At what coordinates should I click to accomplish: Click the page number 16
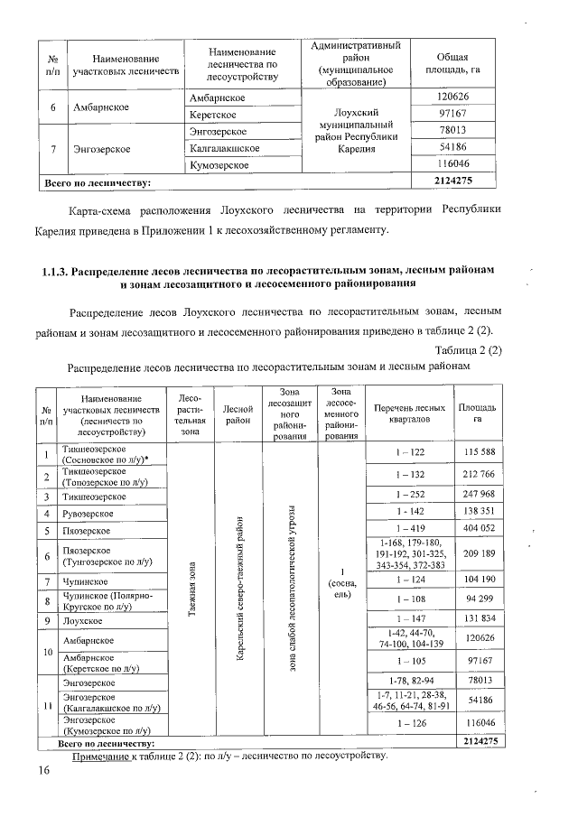[x=42, y=769]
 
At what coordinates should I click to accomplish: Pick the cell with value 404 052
[x=478, y=529]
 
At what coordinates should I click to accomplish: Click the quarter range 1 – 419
[x=409, y=529]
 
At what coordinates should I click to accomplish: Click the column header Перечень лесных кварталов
[x=409, y=413]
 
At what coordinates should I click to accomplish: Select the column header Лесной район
[x=238, y=413]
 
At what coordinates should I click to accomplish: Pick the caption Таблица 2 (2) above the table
[x=468, y=349]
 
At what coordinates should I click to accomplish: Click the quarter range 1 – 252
[x=409, y=495]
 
